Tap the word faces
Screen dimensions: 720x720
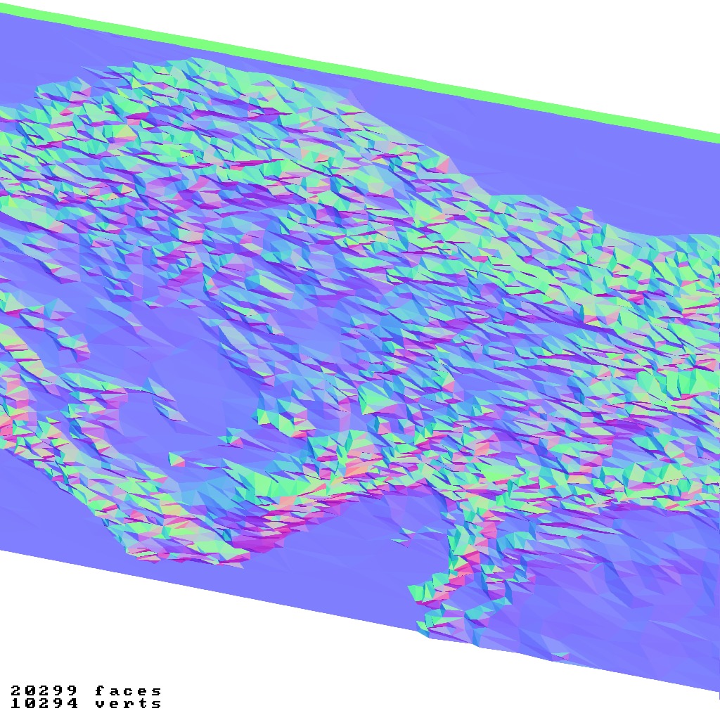[128, 691]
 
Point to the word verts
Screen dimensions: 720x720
[128, 703]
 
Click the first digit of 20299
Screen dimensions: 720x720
[15, 691]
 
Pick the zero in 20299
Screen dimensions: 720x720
[30, 691]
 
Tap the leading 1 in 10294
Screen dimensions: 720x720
[15, 703]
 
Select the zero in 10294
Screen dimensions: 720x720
[30, 703]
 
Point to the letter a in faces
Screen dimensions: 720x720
[114, 691]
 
